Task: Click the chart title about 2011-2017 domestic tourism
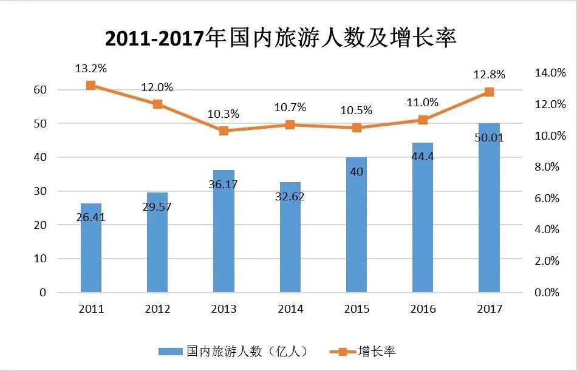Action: [x=281, y=38]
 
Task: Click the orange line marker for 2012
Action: [x=157, y=104]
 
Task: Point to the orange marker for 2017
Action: [x=489, y=92]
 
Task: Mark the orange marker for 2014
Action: [x=290, y=124]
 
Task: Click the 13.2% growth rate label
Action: [x=90, y=69]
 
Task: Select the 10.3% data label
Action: [x=224, y=114]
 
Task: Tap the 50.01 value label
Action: [x=490, y=138]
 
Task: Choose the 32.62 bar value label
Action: [x=290, y=197]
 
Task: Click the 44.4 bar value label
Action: [x=423, y=157]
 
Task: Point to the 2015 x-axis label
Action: [x=357, y=309]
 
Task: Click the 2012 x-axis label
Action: [x=157, y=309]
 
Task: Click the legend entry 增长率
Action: [x=364, y=351]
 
